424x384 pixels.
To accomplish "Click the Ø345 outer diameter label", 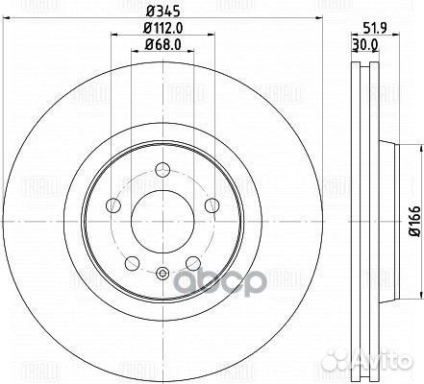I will click(x=156, y=10).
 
